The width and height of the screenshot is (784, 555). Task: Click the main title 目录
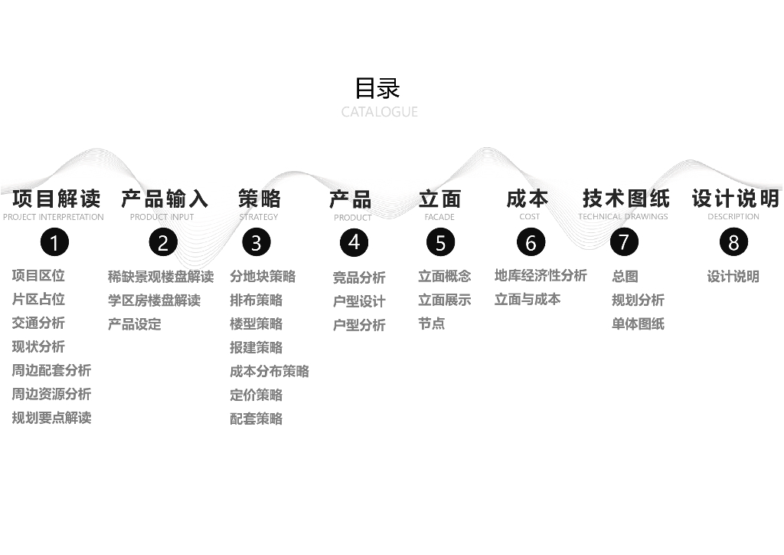377,88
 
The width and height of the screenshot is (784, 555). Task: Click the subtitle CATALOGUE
379,112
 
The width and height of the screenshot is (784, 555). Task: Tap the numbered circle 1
54,243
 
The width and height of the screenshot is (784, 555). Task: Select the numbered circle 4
354,243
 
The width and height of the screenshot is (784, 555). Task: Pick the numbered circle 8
733,243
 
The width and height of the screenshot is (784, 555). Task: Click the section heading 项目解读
56,199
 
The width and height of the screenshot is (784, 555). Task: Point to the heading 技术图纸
626,199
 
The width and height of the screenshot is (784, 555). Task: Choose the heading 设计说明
735,199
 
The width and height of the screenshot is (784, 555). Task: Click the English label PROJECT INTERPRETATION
54,218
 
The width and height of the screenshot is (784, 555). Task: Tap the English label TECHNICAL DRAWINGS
623,217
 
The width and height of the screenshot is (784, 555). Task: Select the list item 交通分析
38,323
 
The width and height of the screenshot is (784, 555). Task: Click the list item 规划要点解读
51,418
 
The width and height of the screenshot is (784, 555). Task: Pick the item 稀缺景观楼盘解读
161,277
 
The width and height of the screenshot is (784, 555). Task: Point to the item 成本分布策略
269,371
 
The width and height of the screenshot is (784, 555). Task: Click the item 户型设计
359,301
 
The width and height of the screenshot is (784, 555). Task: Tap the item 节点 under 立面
431,323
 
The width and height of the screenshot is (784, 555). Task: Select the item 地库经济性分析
541,275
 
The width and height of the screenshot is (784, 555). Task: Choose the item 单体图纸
638,323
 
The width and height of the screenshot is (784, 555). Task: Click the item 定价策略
256,395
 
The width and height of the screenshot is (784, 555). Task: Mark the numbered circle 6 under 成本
531,243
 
